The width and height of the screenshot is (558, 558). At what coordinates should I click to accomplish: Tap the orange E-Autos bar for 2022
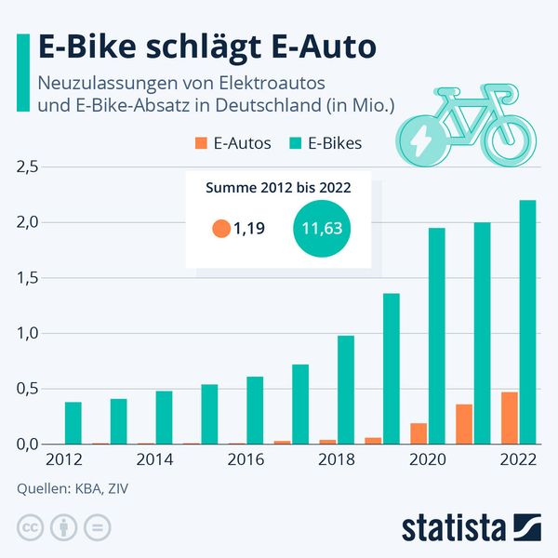tap(510, 418)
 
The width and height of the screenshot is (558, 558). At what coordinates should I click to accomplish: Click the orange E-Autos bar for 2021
tap(464, 424)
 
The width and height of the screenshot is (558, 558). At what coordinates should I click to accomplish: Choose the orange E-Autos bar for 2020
tap(418, 433)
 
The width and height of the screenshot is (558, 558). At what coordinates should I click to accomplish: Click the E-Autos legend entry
tap(232, 143)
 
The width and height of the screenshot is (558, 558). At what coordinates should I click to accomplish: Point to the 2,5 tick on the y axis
tap(27, 167)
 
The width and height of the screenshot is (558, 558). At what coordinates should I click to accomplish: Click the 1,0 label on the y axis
tap(27, 334)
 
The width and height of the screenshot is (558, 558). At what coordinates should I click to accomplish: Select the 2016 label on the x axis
tap(246, 459)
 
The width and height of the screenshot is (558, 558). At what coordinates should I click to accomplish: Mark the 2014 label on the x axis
tap(155, 459)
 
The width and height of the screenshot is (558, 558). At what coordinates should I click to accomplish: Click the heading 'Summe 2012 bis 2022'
tap(277, 188)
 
